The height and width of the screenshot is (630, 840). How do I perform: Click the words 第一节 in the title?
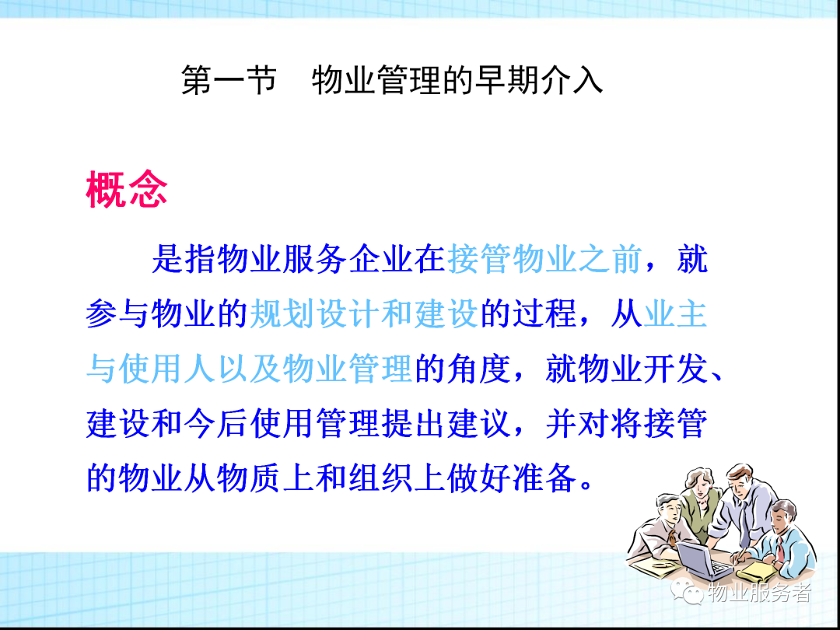[228, 80]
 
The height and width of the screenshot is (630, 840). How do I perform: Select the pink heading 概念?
[127, 189]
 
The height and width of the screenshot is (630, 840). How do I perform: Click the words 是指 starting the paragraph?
[184, 259]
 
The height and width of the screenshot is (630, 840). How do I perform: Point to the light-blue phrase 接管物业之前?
[544, 259]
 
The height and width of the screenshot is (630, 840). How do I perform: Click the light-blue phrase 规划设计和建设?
[364, 314]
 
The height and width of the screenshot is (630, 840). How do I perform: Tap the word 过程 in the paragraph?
[544, 314]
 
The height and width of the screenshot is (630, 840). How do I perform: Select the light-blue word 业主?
[675, 314]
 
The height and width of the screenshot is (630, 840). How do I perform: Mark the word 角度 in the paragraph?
[479, 369]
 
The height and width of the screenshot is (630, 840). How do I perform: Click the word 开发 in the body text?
[675, 369]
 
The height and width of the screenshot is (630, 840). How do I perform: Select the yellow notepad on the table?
[757, 572]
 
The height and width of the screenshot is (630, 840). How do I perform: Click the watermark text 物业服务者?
[758, 593]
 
